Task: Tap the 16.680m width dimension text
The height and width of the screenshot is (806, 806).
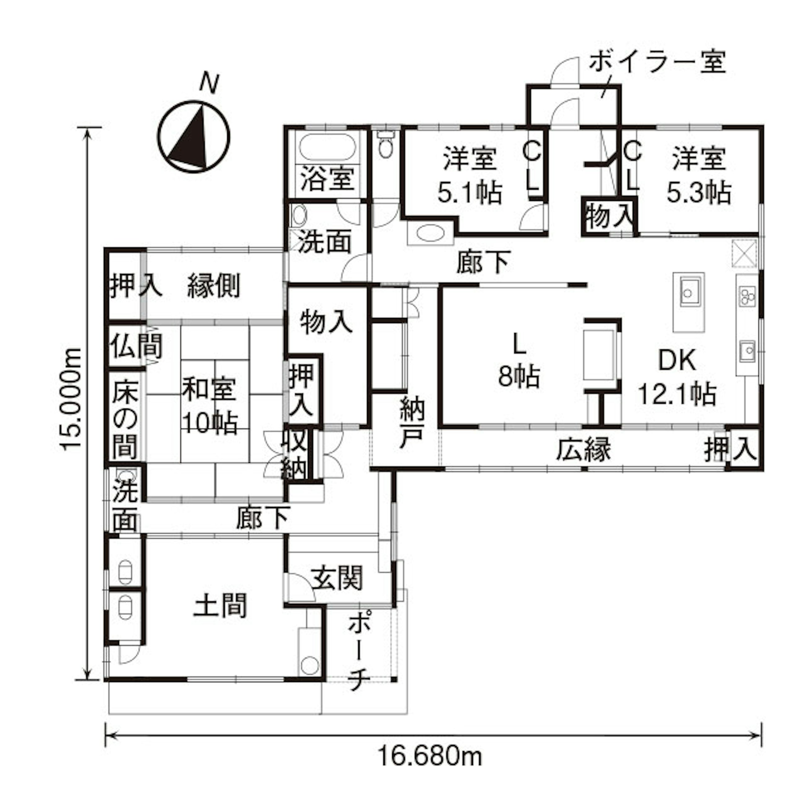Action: click(x=430, y=756)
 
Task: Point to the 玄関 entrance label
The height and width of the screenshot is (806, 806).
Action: click(x=337, y=578)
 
